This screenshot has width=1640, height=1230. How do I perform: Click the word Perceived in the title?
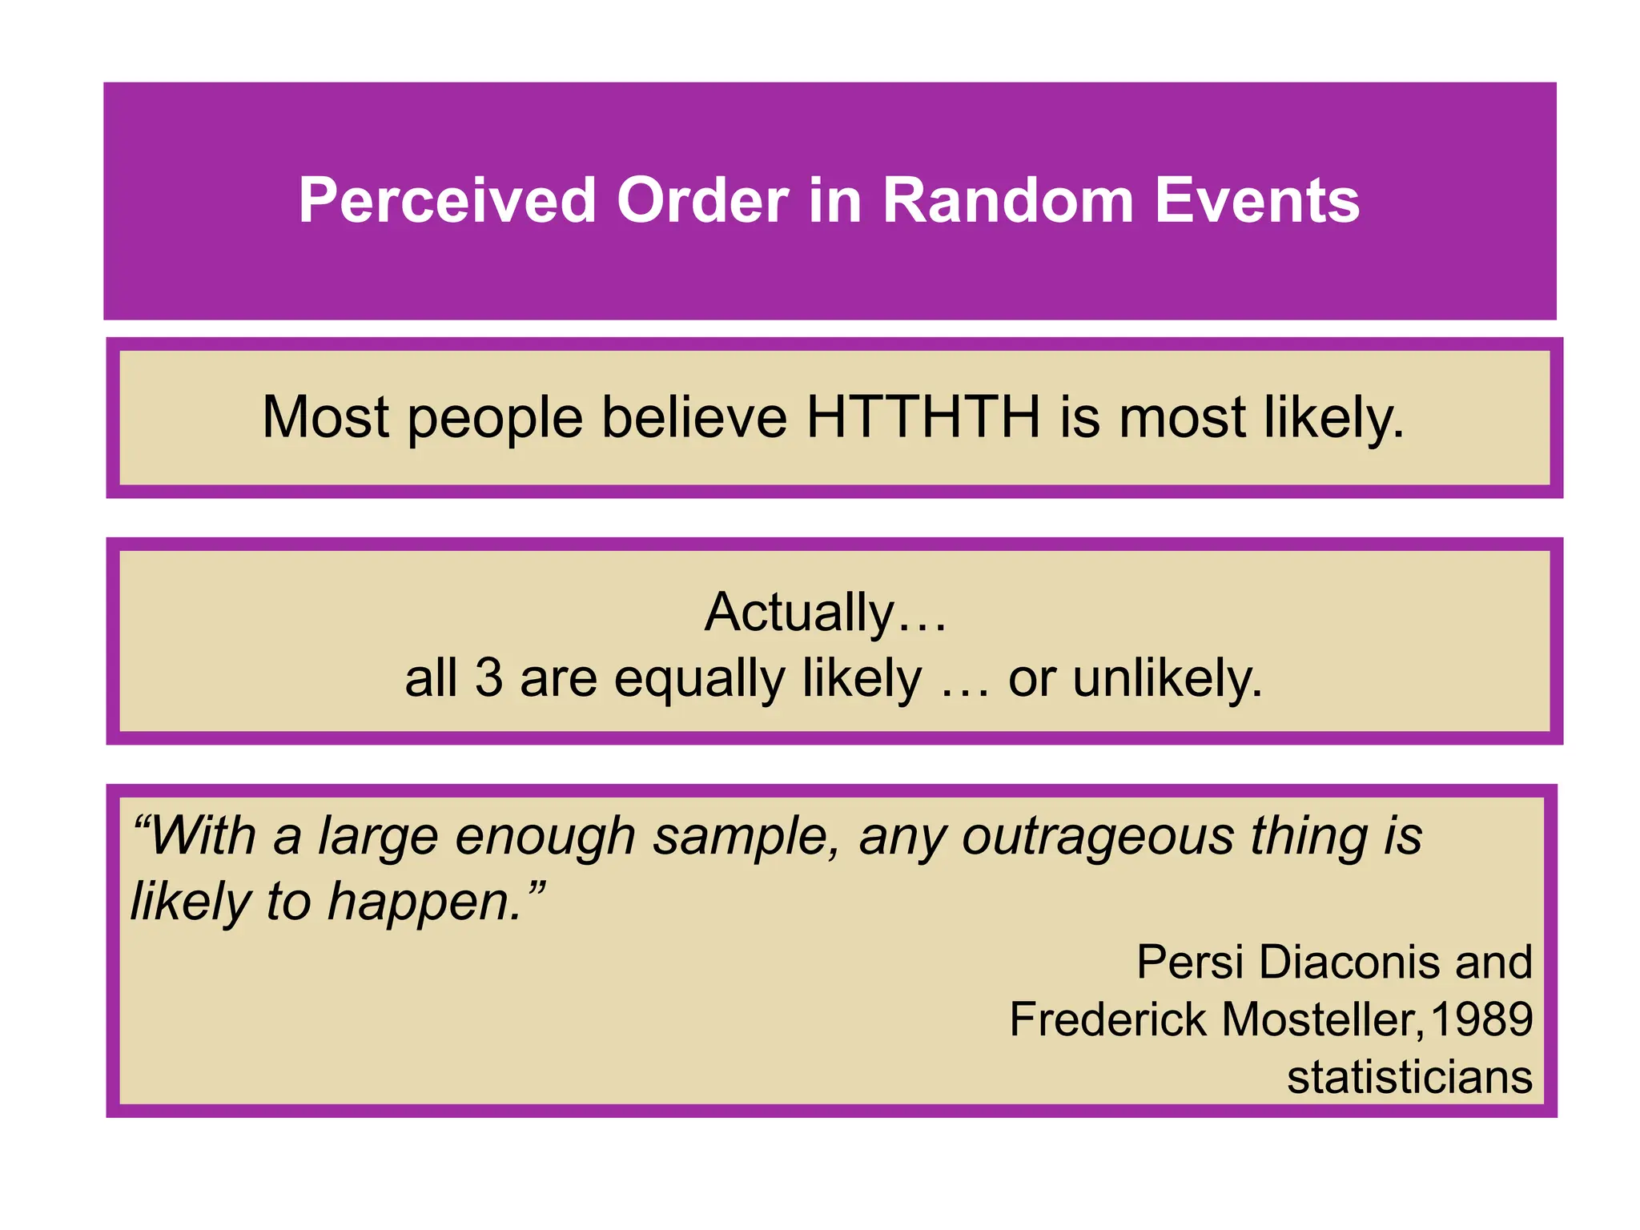click(x=447, y=200)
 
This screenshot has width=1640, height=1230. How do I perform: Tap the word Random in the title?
click(x=1008, y=200)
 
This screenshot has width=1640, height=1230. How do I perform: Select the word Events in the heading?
click(x=1256, y=200)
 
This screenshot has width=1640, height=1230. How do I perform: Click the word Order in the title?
click(x=702, y=200)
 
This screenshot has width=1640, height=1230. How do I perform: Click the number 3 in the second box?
click(x=488, y=677)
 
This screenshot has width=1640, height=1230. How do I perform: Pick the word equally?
click(x=699, y=679)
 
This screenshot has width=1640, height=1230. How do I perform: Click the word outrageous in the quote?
click(x=1097, y=837)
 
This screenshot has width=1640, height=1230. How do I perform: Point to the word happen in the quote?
click(x=424, y=902)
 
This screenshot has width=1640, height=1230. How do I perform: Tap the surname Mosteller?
click(x=1321, y=1019)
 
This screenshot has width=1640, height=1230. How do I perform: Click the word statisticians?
click(x=1409, y=1077)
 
